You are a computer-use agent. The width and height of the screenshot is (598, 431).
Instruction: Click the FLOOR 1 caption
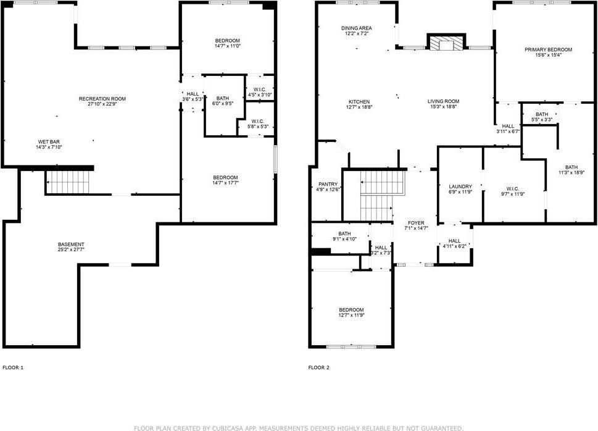click(x=13, y=368)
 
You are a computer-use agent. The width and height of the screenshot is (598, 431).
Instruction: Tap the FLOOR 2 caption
click(x=318, y=368)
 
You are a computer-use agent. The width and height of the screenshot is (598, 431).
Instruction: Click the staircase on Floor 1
click(x=69, y=182)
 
